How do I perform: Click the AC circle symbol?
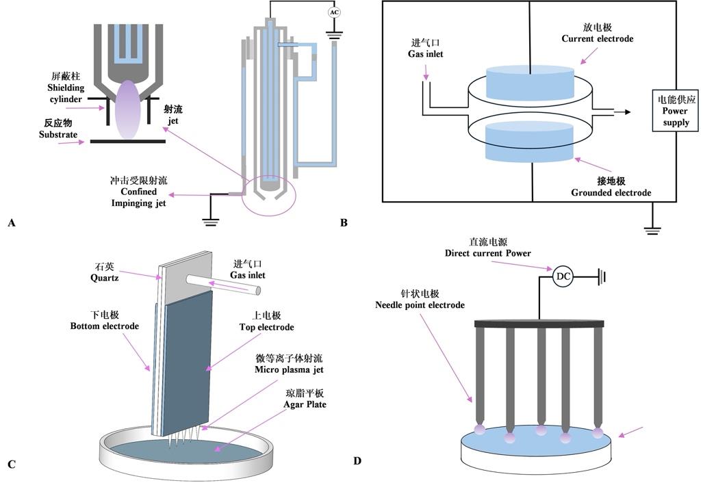pos(334,12)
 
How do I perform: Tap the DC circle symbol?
pos(563,276)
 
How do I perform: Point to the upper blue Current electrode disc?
pos(529,81)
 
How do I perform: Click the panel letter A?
pos(10,223)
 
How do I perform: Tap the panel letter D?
pos(357,460)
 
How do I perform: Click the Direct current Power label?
pos(487,248)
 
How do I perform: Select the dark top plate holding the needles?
pos(539,322)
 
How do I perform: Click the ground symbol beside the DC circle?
pos(601,276)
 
